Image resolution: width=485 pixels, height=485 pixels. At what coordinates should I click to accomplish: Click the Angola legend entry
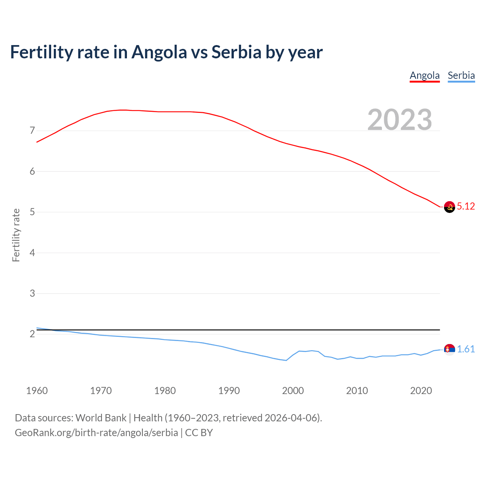(424, 76)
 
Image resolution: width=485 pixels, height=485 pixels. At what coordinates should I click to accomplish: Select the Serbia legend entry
(461, 76)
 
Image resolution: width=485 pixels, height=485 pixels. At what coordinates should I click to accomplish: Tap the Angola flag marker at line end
(449, 207)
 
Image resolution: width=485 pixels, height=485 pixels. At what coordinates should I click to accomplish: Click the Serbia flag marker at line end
(449, 349)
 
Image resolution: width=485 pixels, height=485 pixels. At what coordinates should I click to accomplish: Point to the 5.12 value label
(466, 207)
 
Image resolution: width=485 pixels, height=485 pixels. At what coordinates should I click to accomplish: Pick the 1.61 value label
(466, 349)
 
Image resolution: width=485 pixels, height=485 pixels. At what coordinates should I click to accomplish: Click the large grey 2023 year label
(400, 120)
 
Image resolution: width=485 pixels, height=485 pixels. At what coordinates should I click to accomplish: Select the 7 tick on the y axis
(32, 131)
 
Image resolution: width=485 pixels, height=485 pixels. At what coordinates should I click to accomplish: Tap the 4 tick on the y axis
(32, 253)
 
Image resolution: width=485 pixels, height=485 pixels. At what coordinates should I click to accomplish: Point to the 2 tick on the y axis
(32, 334)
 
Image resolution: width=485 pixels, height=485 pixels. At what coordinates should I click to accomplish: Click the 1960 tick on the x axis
(37, 391)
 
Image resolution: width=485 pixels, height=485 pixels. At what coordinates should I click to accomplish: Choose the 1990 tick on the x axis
(229, 391)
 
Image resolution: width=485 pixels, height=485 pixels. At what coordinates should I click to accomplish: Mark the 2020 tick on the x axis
(421, 391)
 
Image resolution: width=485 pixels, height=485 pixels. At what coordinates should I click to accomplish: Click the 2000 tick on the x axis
(293, 391)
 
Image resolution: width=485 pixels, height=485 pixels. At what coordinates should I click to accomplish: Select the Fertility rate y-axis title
(16, 235)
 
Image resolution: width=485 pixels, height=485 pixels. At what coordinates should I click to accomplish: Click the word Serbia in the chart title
(236, 52)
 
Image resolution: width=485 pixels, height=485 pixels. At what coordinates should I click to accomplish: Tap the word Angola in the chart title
(159, 52)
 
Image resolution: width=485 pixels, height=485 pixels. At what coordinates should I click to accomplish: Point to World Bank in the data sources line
(101, 418)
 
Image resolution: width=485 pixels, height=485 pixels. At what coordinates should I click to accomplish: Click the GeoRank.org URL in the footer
(96, 433)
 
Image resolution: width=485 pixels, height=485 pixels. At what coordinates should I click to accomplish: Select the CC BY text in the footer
(199, 433)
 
